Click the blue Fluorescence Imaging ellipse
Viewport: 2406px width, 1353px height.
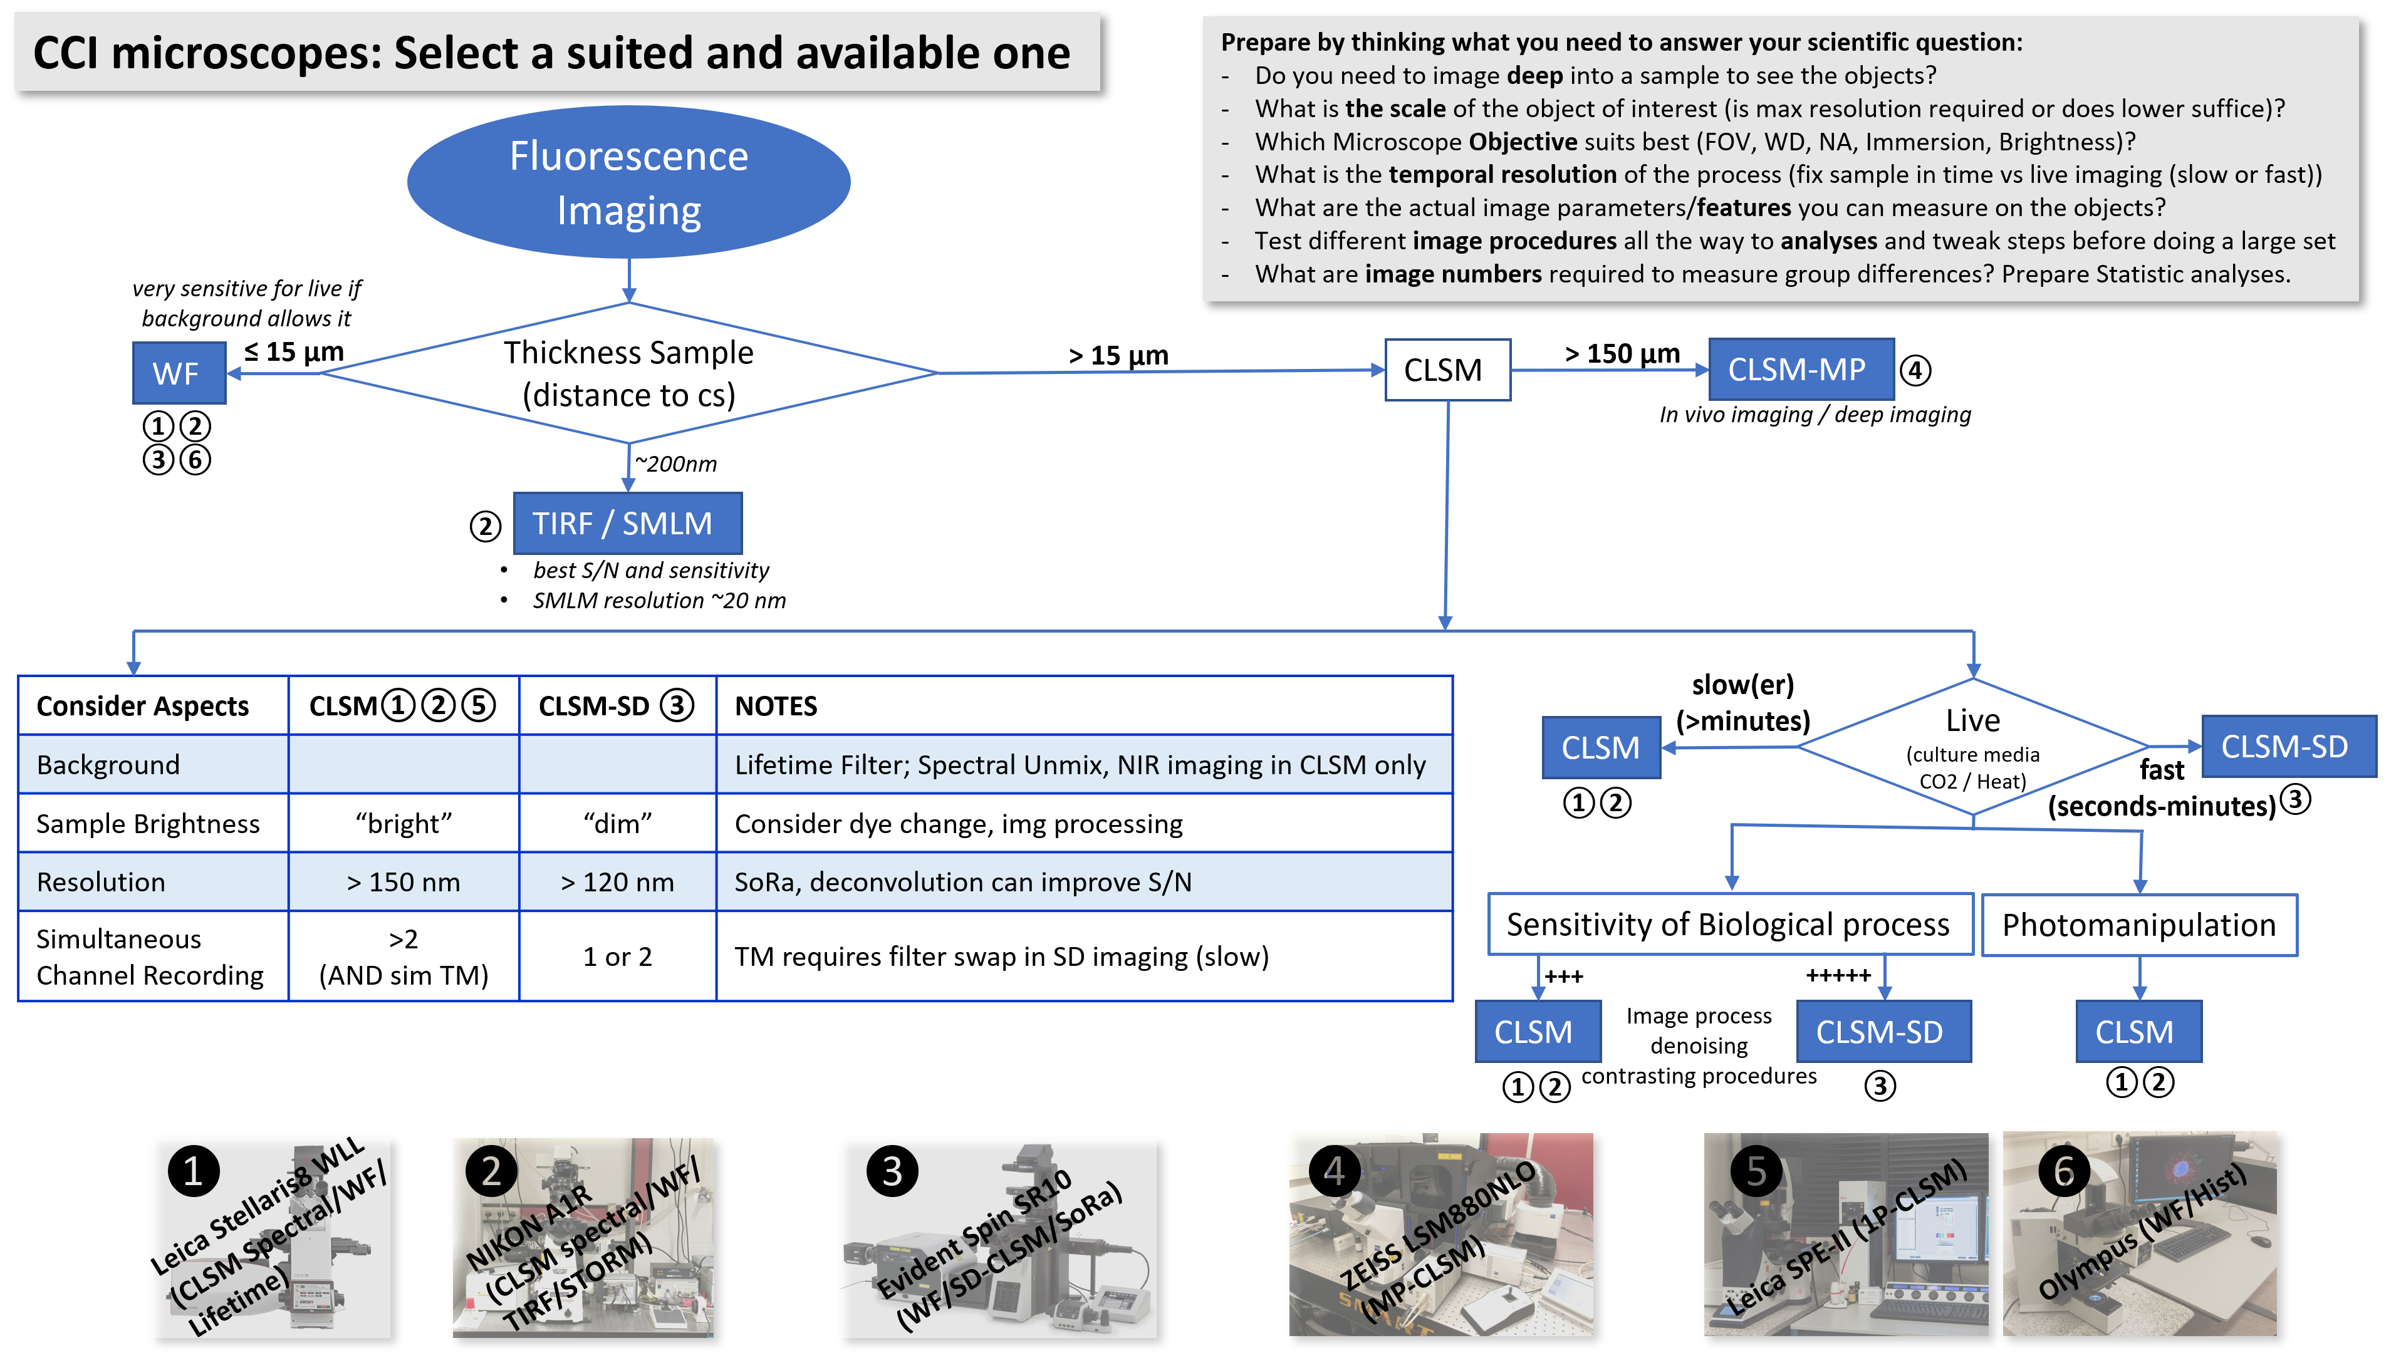click(628, 182)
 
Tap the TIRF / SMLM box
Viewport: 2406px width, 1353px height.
click(628, 523)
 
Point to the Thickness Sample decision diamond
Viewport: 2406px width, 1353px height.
click(628, 373)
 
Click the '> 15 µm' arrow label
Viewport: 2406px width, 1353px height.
click(1118, 355)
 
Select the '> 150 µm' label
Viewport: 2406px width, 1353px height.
click(1622, 353)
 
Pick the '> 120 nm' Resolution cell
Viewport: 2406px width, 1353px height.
click(617, 881)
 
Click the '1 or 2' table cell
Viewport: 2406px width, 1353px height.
click(617, 956)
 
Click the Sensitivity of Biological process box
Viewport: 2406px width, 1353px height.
click(1728, 925)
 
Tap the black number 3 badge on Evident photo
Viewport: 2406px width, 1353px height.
click(892, 1171)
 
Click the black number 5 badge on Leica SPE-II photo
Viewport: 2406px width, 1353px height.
click(1756, 1171)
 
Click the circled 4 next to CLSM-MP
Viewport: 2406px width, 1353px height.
click(1915, 371)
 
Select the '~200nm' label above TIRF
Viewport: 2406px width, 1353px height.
click(675, 463)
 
